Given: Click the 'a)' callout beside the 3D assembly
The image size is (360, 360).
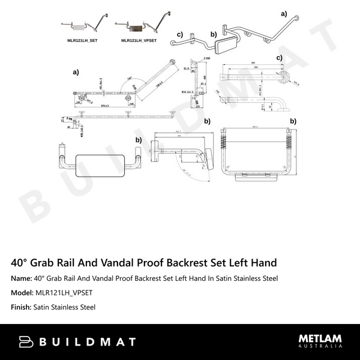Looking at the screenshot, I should (x=284, y=13).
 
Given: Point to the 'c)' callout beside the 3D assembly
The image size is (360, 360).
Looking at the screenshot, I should (x=179, y=35).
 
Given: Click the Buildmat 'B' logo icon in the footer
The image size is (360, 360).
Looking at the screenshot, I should (x=26, y=341).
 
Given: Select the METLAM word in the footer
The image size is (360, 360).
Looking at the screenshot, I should (x=320, y=338).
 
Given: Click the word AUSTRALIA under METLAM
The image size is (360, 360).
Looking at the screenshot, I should (x=320, y=347).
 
